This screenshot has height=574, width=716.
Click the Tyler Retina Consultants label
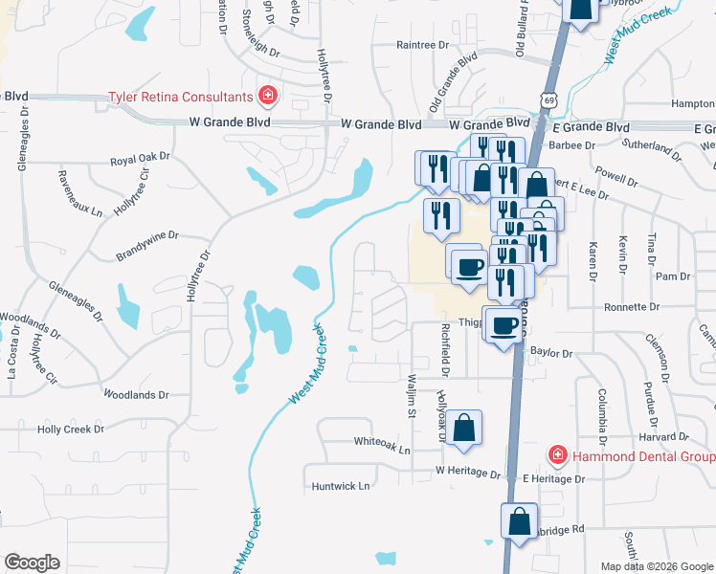pyautogui.click(x=180, y=97)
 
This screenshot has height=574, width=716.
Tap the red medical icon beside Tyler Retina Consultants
pyautogui.click(x=268, y=96)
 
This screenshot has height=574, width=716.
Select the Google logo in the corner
pyautogui.click(x=33, y=563)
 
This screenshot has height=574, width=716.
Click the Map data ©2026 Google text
pyautogui.click(x=657, y=566)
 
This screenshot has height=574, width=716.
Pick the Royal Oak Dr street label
pyautogui.click(x=139, y=162)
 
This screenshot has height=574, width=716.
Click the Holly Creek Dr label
pyautogui.click(x=70, y=430)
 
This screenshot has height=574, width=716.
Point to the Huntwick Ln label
pyautogui.click(x=341, y=486)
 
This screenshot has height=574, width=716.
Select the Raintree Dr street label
pyautogui.click(x=422, y=45)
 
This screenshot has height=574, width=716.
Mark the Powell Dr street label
pyautogui.click(x=616, y=179)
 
